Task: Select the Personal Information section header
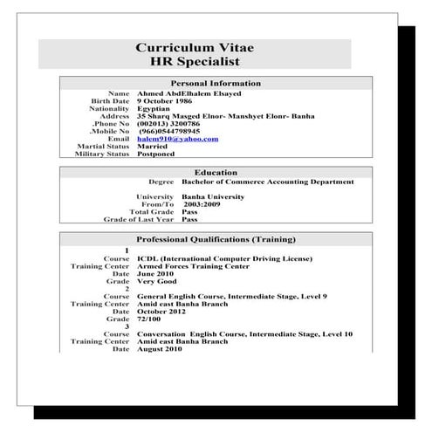[216, 83]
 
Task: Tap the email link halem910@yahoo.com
[177, 139]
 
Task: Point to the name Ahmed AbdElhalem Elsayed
[189, 93]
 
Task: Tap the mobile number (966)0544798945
[175, 131]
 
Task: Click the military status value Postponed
[155, 154]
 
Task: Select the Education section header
[216, 173]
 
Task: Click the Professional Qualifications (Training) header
[216, 239]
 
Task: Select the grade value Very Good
[157, 282]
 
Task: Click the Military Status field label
[102, 154]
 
